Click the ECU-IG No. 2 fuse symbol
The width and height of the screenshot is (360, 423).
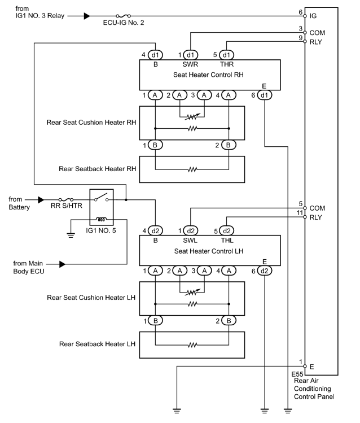pyautogui.click(x=124, y=16)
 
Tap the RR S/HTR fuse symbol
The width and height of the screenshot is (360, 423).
pyautogui.click(x=66, y=199)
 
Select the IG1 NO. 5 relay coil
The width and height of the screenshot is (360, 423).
pyautogui.click(x=102, y=219)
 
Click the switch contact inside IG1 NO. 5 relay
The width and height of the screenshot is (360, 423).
pyautogui.click(x=102, y=197)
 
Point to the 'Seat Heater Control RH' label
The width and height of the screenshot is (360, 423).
pyautogui.click(x=208, y=75)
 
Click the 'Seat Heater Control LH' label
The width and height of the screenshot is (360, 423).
pyautogui.click(x=209, y=251)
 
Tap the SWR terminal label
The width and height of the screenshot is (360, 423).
pyautogui.click(x=190, y=64)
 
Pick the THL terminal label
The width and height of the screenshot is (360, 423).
pyautogui.click(x=227, y=240)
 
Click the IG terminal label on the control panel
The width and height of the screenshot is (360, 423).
pyautogui.click(x=313, y=16)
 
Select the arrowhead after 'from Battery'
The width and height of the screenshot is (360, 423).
pyautogui.click(x=41, y=199)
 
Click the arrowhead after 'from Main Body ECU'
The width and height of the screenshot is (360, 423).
pyautogui.click(x=62, y=264)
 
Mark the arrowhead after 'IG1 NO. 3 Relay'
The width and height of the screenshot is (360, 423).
pyautogui.click(x=87, y=16)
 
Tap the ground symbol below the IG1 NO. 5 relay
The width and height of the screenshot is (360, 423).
pyautogui.click(x=71, y=236)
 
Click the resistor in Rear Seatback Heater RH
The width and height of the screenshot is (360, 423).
pyautogui.click(x=192, y=169)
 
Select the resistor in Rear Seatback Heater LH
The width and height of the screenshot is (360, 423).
pyautogui.click(x=192, y=345)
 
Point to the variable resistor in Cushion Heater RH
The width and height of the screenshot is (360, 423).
pyautogui.click(x=192, y=117)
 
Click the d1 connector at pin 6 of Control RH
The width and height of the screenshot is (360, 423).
pyautogui.click(x=264, y=95)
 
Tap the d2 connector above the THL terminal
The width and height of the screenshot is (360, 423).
pyautogui.click(x=227, y=230)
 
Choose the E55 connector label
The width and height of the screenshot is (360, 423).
pyautogui.click(x=297, y=374)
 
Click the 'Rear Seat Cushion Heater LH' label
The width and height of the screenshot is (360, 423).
pyautogui.click(x=91, y=298)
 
